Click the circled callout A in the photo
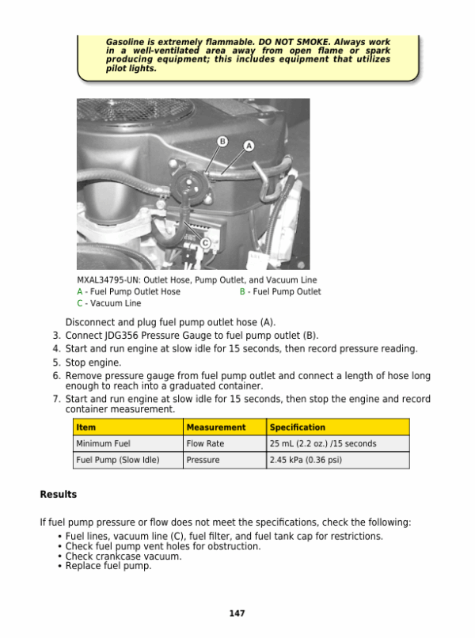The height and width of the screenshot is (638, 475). [249, 146]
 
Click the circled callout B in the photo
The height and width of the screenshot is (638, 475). [222, 142]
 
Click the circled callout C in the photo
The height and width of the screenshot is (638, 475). [205, 242]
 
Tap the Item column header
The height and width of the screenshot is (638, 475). [86, 427]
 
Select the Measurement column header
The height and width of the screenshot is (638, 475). [215, 427]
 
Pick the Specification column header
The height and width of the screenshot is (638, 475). [297, 427]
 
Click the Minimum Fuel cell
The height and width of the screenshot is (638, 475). [103, 444]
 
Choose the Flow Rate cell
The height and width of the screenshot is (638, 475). [205, 444]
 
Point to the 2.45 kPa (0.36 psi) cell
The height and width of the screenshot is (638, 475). [306, 460]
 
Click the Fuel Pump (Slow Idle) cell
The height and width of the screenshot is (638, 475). [117, 460]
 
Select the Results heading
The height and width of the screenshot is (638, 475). [59, 495]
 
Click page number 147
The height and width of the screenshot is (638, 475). [237, 613]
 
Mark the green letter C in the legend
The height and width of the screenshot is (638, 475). [80, 303]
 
